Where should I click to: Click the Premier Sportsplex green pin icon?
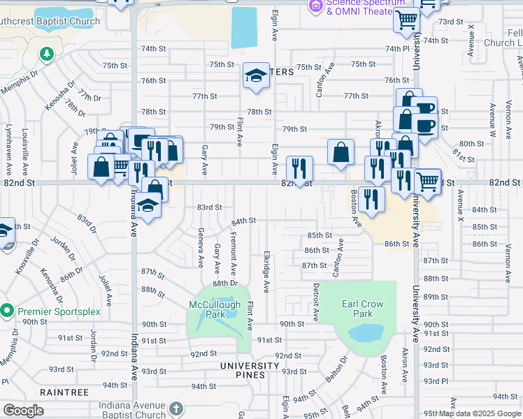click(x=8, y=309)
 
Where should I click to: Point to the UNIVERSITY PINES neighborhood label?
click(x=250, y=366)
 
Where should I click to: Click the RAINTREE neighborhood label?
click(x=64, y=392)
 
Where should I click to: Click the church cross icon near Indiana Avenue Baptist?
click(x=175, y=408)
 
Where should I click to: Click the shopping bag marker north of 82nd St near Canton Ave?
click(x=340, y=152)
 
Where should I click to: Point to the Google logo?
click(x=23, y=411)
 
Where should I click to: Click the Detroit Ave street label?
click(x=316, y=301)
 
